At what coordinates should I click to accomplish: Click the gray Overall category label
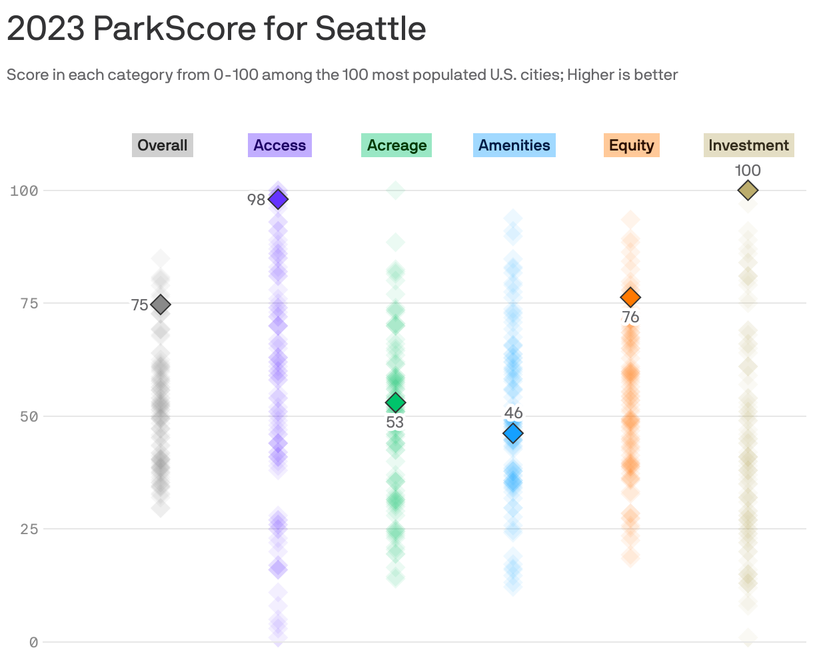163,145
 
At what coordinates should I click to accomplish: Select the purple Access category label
279,145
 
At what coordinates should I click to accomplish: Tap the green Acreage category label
397,145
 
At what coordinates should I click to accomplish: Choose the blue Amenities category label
514,145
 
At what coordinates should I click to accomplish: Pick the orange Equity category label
631,145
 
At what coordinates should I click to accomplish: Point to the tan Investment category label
748,145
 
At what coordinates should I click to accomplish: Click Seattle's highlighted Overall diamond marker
160,304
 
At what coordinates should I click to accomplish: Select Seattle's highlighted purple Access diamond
278,199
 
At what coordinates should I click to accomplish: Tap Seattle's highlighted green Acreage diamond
396,403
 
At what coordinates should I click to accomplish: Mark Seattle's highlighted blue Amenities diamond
513,434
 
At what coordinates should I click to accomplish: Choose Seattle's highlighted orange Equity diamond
630,297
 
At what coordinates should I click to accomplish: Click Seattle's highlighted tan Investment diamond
748,190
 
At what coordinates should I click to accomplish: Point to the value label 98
256,199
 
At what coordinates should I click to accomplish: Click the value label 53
395,422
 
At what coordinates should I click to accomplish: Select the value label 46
513,413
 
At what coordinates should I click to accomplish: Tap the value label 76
630,317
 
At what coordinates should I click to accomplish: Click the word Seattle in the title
370,29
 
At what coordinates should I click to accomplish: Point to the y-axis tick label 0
33,642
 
